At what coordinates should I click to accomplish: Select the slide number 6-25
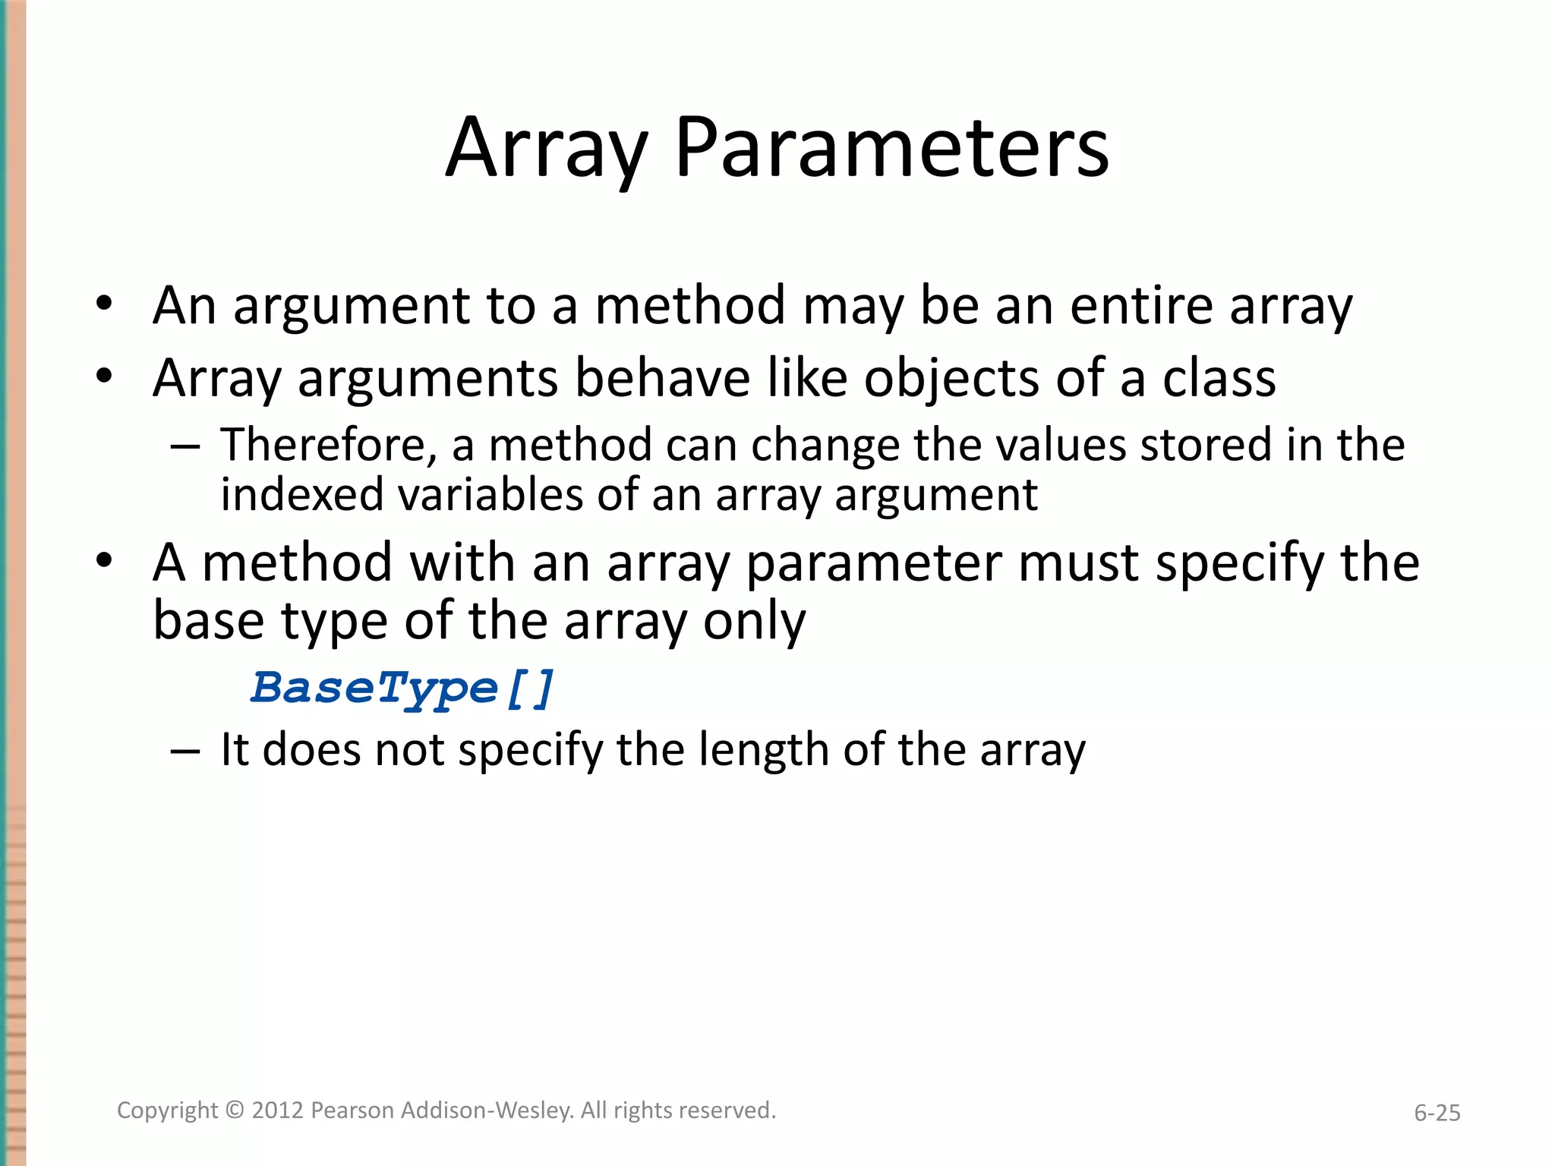pos(1437,1113)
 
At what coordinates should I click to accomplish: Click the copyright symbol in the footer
pos(235,1111)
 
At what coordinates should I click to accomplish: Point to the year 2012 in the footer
pos(278,1111)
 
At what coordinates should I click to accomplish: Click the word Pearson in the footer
pos(353,1111)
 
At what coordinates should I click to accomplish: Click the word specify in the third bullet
pos(1240,564)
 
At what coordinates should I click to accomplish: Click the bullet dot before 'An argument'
pos(104,305)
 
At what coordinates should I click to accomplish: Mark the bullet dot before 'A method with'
pos(104,562)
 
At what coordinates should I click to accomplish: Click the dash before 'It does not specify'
pos(185,751)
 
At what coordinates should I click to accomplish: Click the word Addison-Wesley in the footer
pos(487,1111)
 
